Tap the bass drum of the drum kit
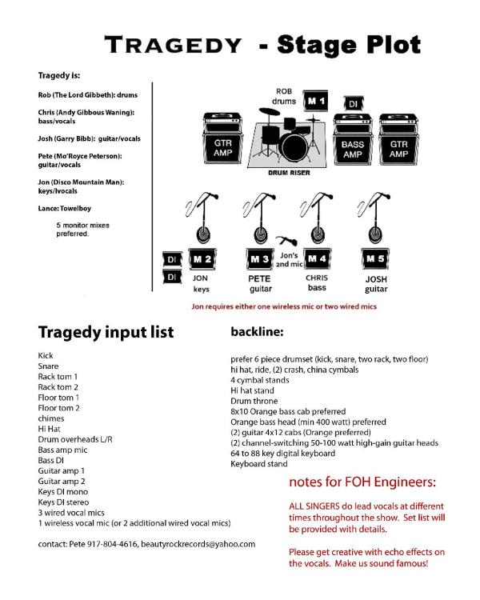tap(295, 146)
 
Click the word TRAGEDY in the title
tap(171, 45)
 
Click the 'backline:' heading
tap(261, 329)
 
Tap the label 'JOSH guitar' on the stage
tap(376, 284)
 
